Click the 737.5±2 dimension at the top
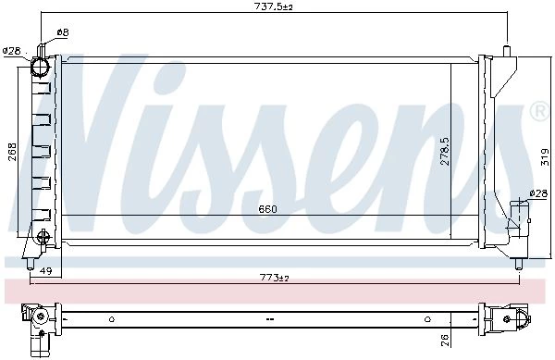point(274,6)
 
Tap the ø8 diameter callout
point(62,32)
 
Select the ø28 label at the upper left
point(12,51)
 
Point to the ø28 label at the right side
point(538,193)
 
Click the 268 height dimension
point(12,152)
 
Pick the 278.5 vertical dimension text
point(445,151)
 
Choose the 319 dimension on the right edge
point(545,157)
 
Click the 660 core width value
point(267,209)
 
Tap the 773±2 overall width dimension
point(275,278)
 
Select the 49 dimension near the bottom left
point(45,271)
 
